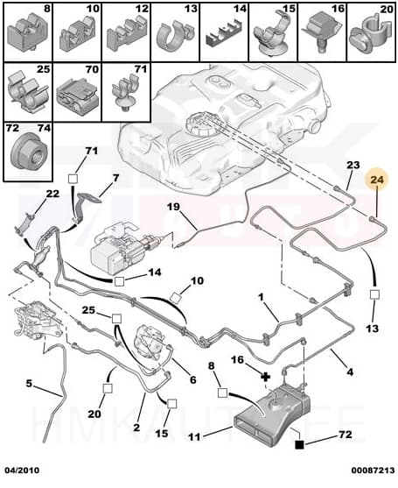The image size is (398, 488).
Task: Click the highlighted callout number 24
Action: (377, 180)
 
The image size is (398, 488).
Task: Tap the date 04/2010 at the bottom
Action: (22, 470)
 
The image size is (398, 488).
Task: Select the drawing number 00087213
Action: (374, 470)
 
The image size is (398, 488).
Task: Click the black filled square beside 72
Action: (299, 445)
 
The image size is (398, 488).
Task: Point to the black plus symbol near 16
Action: (265, 377)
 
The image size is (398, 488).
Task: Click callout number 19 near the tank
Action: (174, 207)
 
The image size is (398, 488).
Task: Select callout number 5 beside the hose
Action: (29, 384)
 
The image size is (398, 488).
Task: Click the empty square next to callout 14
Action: (119, 281)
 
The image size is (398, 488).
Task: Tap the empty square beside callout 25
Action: (116, 318)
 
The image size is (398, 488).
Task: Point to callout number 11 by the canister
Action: (194, 437)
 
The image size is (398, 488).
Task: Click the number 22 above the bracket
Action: (52, 194)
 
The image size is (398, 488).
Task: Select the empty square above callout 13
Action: (374, 294)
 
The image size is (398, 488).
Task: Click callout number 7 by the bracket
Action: (115, 179)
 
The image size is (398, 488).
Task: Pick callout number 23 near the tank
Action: (353, 165)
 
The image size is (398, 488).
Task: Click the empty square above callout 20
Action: (108, 389)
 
